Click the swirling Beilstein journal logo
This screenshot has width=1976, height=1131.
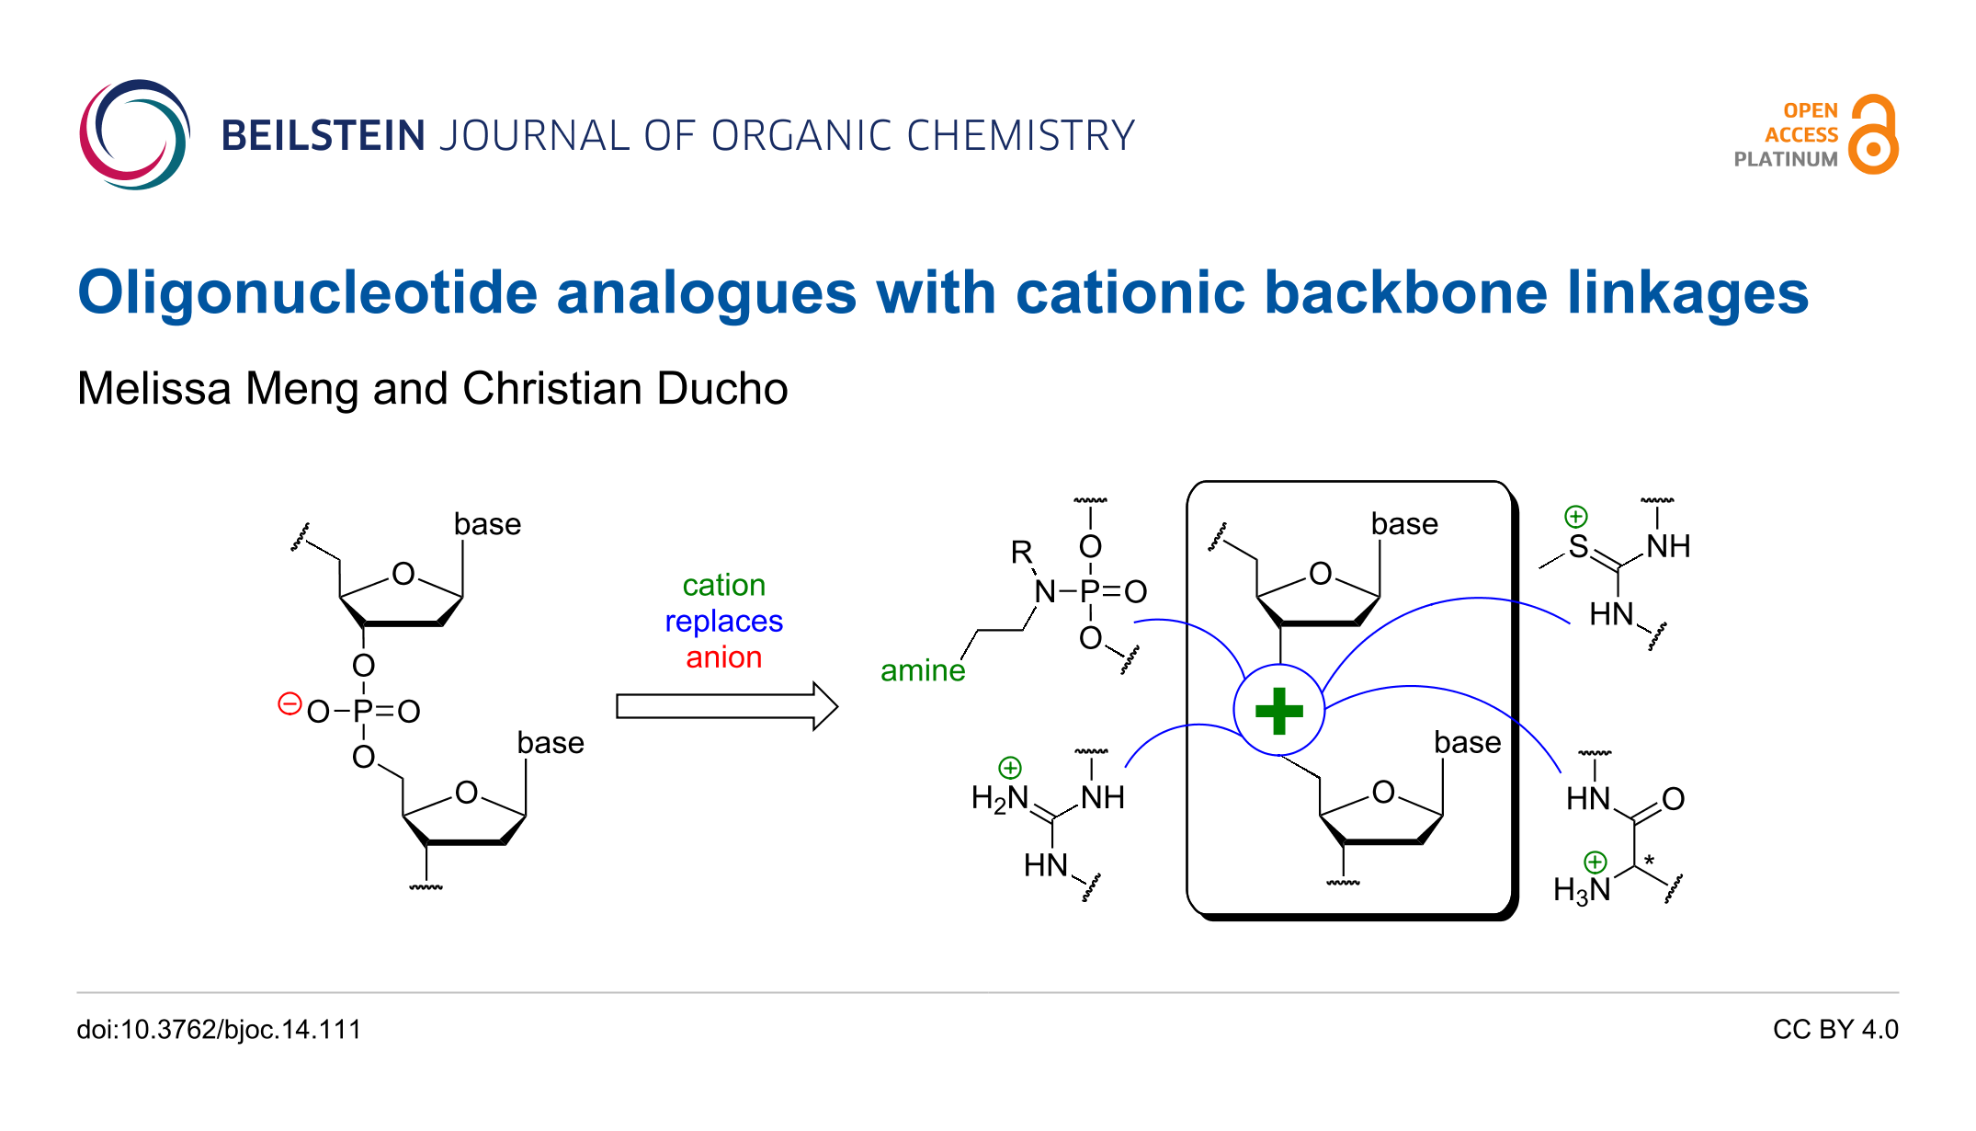click(x=134, y=134)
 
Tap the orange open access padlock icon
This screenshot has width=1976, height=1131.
click(x=1873, y=134)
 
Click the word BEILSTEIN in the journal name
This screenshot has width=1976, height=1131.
click(x=323, y=136)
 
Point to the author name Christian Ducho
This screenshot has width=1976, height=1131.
click(x=625, y=389)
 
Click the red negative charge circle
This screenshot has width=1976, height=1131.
click(x=290, y=704)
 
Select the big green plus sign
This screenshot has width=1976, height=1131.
click(x=1278, y=711)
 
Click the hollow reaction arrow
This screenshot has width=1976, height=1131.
click(x=726, y=706)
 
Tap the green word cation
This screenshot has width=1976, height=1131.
click(x=723, y=585)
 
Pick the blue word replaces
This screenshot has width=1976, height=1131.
click(x=723, y=622)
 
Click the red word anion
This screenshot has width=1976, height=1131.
click(x=723, y=657)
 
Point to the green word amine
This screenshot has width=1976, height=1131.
click(x=923, y=670)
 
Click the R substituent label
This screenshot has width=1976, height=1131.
click(x=1021, y=552)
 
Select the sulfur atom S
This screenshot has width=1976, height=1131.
click(x=1578, y=546)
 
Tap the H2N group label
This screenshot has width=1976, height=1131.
click(x=1000, y=798)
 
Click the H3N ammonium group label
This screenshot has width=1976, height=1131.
click(x=1582, y=890)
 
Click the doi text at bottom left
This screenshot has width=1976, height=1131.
click(x=219, y=1029)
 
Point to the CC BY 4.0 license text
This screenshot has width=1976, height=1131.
click(x=1835, y=1029)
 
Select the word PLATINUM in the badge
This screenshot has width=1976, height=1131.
click(x=1786, y=159)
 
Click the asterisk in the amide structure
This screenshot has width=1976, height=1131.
click(x=1649, y=861)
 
